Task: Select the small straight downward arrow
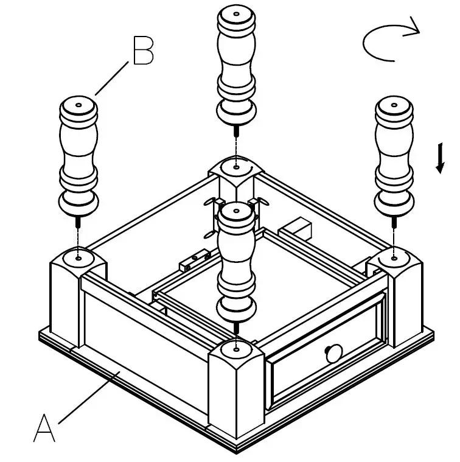click(439, 159)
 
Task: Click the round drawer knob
click(333, 353)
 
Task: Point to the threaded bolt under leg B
click(78, 222)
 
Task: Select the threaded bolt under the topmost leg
click(235, 131)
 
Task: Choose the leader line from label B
click(113, 79)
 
